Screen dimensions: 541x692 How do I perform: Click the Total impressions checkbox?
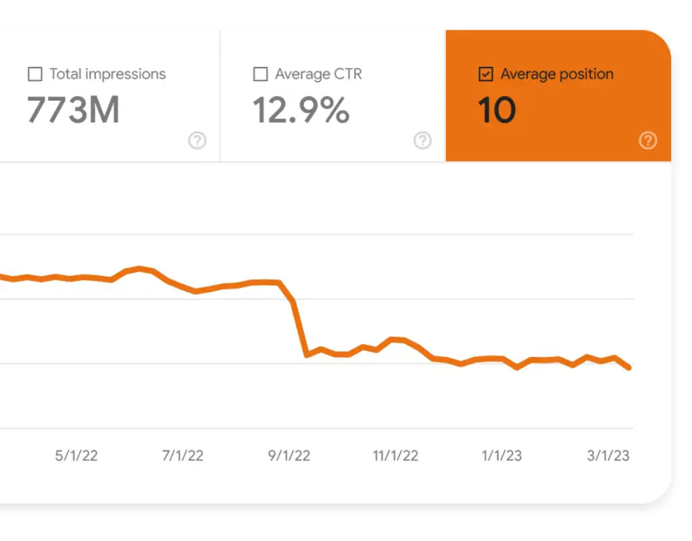34,74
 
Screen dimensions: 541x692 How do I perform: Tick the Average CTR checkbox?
260,74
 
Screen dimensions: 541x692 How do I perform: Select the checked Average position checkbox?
485,74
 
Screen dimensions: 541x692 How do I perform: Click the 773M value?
73,110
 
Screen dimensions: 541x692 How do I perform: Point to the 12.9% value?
301,110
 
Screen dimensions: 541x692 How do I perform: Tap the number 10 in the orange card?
497,111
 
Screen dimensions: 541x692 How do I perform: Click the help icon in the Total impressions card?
197,141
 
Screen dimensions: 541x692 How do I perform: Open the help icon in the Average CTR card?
422,141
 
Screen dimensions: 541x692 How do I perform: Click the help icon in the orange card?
647,141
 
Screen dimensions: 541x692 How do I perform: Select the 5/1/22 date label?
76,456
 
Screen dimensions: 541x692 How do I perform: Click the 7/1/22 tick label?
182,456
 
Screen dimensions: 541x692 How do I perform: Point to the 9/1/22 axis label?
289,456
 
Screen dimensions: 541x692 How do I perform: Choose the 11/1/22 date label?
395,456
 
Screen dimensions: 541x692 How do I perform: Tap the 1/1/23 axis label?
501,456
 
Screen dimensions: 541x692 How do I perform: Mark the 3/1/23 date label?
608,456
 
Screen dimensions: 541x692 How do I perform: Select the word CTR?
347,74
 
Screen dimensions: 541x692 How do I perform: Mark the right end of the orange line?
630,368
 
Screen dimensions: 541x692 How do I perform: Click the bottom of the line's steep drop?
307,354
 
